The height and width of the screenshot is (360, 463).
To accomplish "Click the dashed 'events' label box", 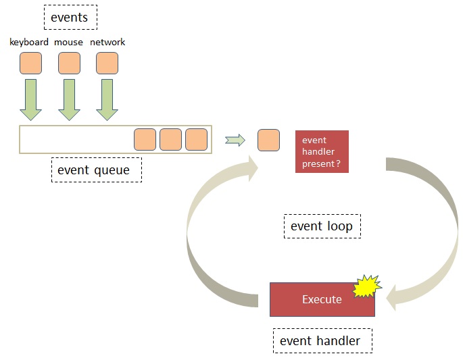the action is (70, 17).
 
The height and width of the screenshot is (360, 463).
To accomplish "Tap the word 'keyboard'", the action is (29, 42).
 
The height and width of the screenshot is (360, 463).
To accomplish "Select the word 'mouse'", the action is (68, 42).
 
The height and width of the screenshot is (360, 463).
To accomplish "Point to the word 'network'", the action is (107, 42).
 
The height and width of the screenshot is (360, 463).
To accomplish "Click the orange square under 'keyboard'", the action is (30, 63).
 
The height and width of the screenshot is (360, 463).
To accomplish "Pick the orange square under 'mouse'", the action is (69, 63).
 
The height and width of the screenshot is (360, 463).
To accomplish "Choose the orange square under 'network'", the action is (107, 63).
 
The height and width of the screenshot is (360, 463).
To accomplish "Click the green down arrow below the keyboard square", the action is (30, 100).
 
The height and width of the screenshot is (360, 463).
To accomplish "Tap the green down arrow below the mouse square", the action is (69, 100).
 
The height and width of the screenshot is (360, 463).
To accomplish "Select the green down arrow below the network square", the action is (107, 100).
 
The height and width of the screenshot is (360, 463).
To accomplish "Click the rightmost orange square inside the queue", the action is (197, 140).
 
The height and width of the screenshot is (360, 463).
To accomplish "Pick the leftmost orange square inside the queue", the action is (145, 140).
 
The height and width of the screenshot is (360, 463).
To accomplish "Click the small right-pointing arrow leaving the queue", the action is (235, 140).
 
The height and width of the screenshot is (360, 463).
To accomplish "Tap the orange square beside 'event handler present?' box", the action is (269, 140).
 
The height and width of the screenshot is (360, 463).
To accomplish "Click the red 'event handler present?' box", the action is (322, 152).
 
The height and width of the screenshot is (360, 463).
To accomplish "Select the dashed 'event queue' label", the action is (97, 170).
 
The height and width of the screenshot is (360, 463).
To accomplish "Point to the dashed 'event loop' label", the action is (322, 226).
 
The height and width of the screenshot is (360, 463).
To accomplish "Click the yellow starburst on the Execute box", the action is (367, 286).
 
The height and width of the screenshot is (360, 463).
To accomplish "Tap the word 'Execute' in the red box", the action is (322, 299).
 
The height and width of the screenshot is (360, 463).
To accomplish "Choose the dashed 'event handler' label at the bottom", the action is (322, 341).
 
